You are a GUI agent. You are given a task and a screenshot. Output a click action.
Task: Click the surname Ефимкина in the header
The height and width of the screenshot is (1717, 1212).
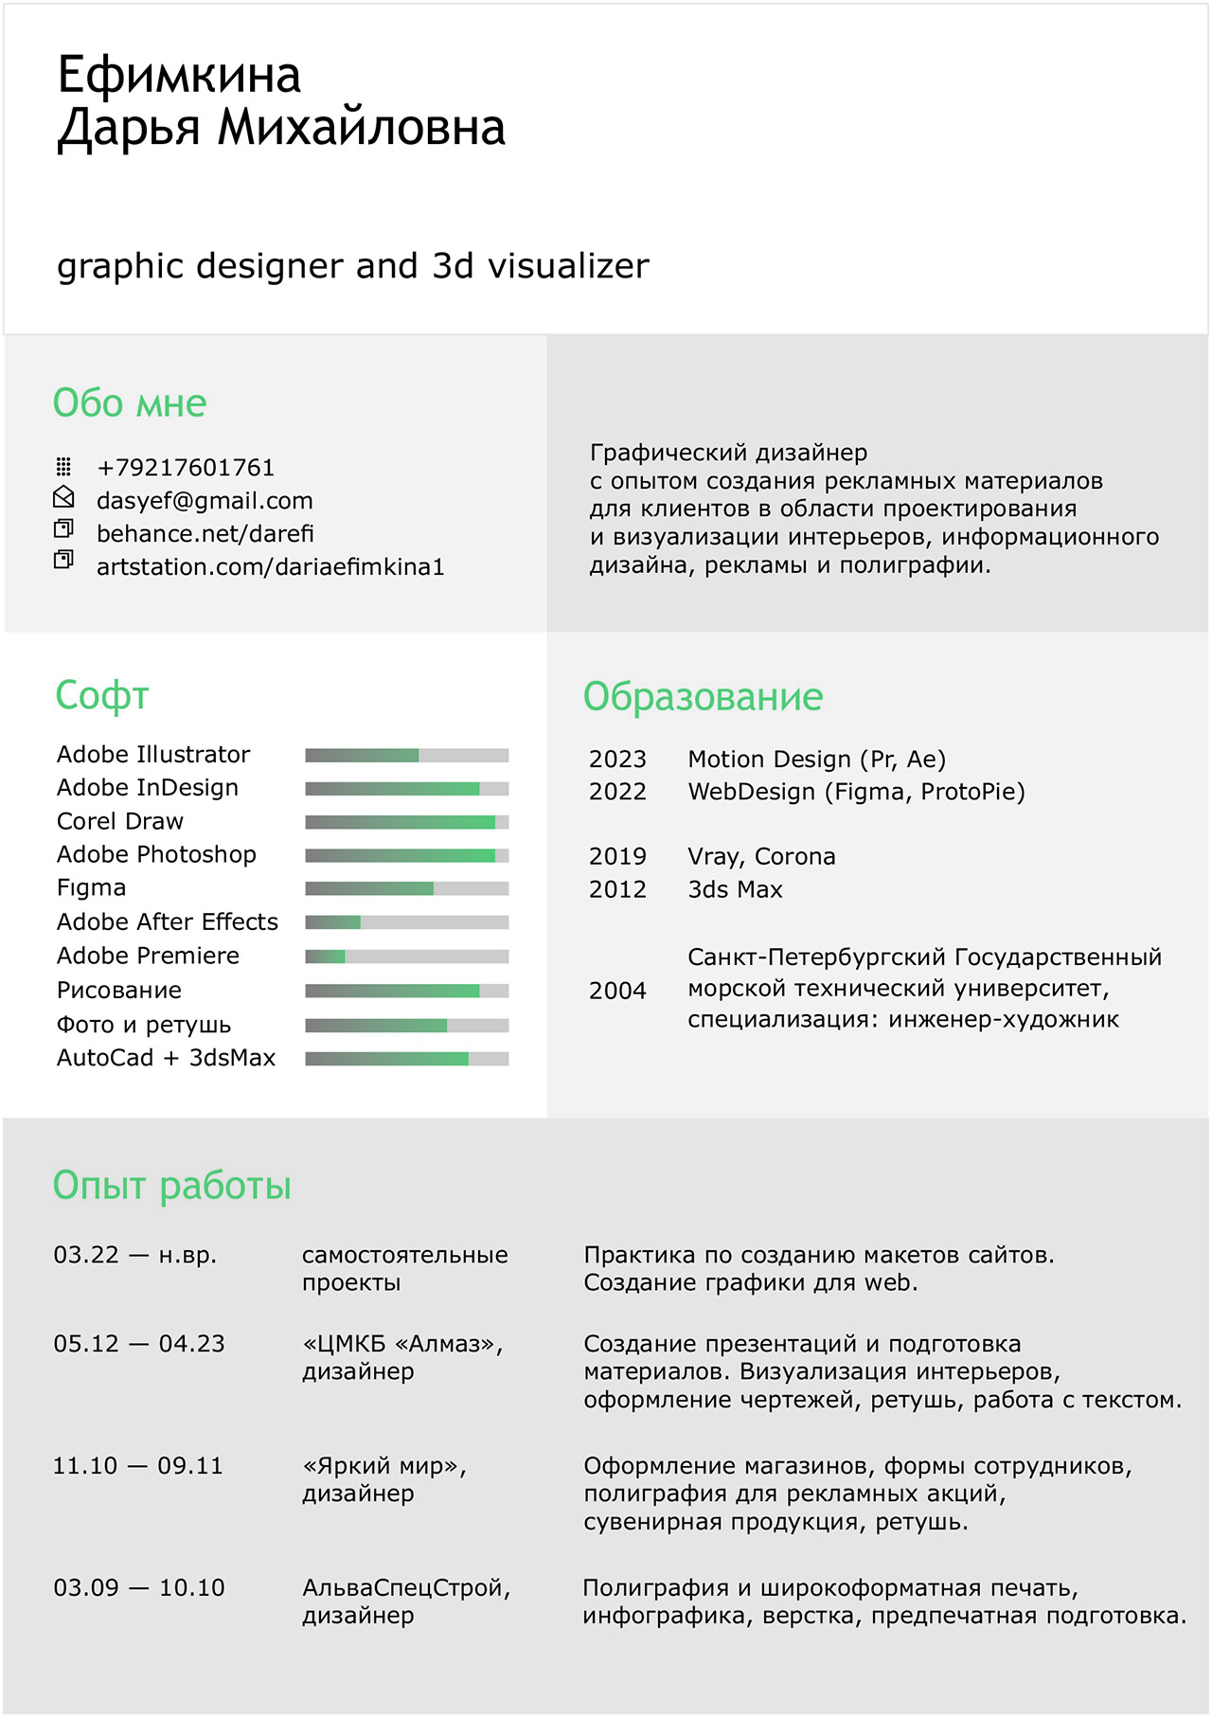point(179,75)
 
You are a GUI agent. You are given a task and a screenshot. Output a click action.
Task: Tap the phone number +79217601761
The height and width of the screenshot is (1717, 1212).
point(186,468)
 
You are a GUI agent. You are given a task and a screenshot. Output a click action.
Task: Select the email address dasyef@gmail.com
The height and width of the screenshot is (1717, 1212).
point(205,501)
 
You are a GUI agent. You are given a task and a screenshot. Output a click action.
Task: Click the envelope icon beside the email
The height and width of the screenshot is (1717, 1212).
point(63,497)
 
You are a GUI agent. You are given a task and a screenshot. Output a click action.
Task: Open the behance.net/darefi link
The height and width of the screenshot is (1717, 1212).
point(205,534)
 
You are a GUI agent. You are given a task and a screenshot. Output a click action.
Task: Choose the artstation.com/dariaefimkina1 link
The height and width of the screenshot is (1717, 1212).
point(270,567)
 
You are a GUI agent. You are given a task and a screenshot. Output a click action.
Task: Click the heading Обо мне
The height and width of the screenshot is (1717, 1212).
point(130,403)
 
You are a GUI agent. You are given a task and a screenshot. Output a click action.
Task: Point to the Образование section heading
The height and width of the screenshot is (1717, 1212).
point(703,697)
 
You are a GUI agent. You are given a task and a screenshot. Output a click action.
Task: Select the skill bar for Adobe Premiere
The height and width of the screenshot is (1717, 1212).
point(406,957)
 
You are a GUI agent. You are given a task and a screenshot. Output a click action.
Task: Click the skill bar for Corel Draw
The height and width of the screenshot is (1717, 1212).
point(406,822)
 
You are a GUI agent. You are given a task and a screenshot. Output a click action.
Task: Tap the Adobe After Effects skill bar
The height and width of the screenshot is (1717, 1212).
point(406,922)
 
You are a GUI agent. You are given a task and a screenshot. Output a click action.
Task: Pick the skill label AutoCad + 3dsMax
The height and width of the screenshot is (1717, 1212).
point(166,1058)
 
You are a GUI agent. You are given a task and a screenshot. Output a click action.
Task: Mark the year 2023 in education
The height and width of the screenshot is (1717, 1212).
point(617,760)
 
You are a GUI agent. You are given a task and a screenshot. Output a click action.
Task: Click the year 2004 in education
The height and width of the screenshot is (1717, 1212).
point(617,991)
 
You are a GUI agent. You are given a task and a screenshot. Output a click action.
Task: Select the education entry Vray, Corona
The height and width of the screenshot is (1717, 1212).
point(761,857)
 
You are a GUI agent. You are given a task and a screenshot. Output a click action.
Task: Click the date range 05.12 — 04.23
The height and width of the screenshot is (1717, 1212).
point(139,1344)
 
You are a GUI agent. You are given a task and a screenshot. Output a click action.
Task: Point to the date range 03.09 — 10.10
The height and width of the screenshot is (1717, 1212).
point(139,1588)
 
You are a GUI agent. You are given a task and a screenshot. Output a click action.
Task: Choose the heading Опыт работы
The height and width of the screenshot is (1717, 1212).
point(172,1186)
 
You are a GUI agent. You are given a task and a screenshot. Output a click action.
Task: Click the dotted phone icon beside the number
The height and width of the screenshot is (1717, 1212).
point(63,466)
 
